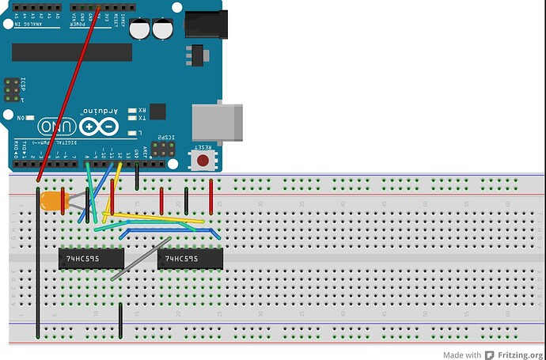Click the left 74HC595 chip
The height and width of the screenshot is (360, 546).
click(91, 258)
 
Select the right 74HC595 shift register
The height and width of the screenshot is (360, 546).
click(189, 258)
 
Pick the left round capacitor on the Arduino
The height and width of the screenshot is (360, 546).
click(142, 30)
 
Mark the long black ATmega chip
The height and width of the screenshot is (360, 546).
click(72, 52)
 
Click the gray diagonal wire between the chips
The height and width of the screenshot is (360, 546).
click(141, 259)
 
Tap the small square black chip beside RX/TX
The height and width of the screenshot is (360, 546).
click(157, 112)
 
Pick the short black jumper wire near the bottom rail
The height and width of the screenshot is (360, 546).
click(120, 319)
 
